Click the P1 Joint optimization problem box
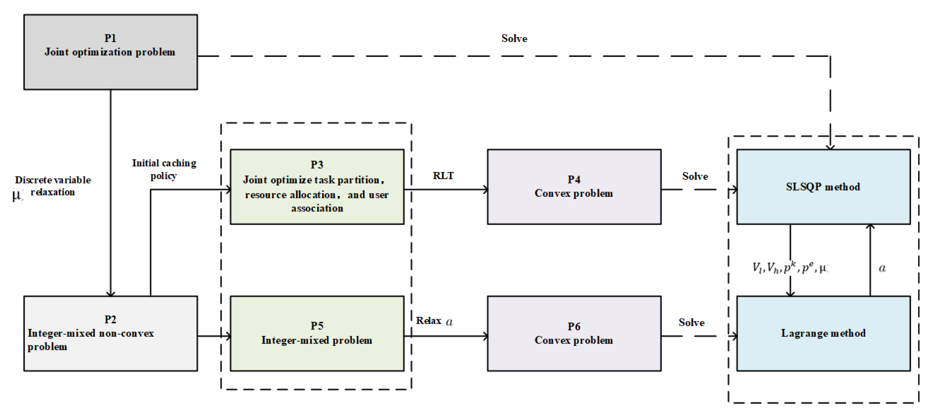coord(111,52)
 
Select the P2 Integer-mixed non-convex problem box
coord(111,333)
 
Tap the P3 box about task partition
coord(317,187)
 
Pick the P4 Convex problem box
coord(574,187)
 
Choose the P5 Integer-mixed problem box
coord(317,333)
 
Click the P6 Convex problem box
coord(574,333)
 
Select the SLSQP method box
coord(823,187)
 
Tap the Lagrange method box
coord(823,333)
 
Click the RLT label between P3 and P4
coord(443,176)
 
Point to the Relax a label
coord(434,321)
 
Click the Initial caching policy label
coord(164,169)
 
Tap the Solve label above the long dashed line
coord(514,39)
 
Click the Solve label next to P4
coord(695,176)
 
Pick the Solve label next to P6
coord(691,323)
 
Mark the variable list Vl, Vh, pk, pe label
coord(790,268)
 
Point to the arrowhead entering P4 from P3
coord(485,189)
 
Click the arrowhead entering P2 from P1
coord(111,293)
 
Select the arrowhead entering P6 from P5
coord(485,336)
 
